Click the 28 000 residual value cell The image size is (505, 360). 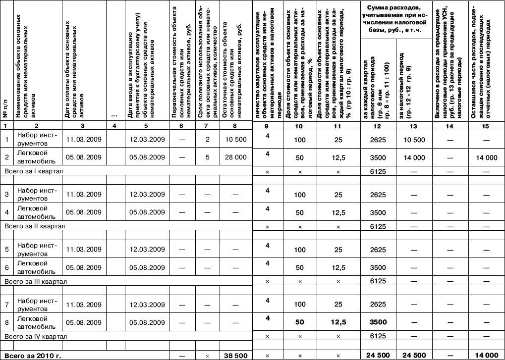coord(235,157)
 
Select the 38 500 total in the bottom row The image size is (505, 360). coord(235,355)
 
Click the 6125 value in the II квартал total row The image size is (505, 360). coord(378,226)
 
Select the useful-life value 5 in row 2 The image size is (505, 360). coord(207,157)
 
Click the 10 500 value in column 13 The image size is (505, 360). coord(414,140)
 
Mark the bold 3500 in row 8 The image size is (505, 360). coord(378,322)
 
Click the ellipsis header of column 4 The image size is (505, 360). coord(114,115)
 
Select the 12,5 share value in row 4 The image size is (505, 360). coord(338,212)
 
